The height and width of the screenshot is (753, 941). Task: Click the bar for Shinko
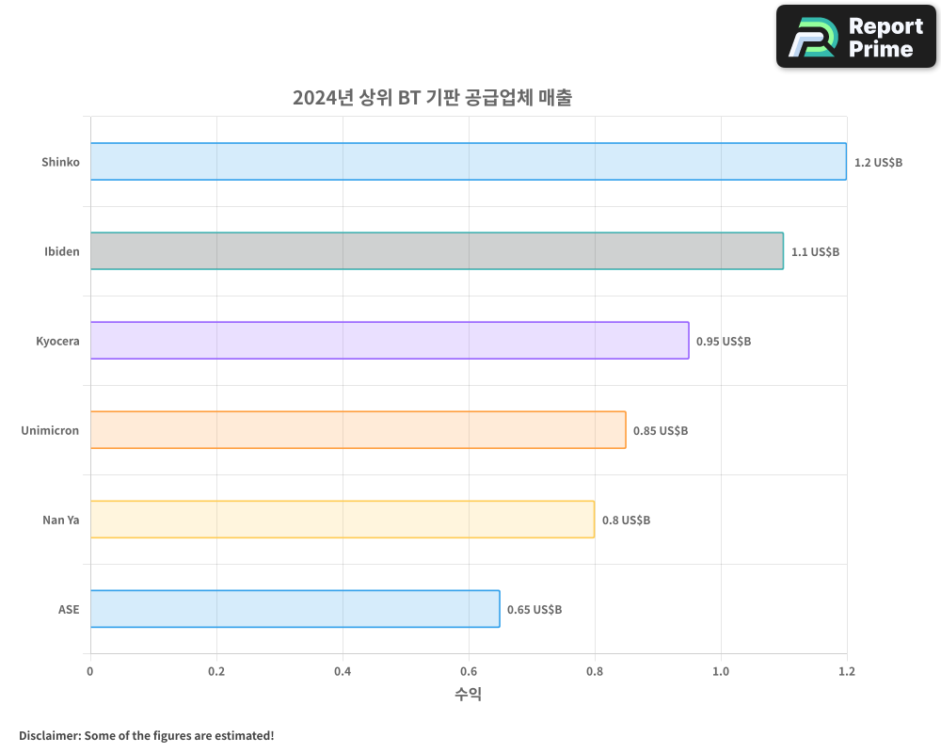(x=469, y=161)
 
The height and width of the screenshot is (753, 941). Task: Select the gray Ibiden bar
(x=437, y=251)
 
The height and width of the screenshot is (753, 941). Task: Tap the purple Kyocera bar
(x=390, y=341)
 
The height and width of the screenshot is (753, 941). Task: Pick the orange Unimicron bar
(x=358, y=430)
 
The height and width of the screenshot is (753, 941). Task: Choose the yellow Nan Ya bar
(x=343, y=520)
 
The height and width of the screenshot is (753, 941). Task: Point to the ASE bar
(x=295, y=609)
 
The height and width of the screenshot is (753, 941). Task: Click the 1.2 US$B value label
(x=878, y=163)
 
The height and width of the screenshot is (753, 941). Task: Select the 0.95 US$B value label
(x=724, y=342)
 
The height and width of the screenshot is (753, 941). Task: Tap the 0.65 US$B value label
(x=534, y=610)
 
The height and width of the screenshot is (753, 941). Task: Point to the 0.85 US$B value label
(x=661, y=431)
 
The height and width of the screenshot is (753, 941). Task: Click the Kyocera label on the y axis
(x=57, y=341)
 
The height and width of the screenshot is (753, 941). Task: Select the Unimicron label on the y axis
(x=50, y=430)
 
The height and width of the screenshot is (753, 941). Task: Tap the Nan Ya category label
(x=60, y=520)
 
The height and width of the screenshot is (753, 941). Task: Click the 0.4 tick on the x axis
(x=343, y=672)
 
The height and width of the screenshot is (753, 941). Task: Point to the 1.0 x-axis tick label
(x=721, y=672)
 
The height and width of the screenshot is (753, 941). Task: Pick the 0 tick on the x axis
(x=90, y=672)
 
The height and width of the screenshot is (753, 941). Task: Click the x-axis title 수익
(x=469, y=695)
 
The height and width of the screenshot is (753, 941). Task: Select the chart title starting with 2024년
(x=432, y=98)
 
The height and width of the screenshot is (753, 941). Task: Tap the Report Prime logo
(x=855, y=37)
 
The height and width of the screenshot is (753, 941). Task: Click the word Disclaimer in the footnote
(x=49, y=735)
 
